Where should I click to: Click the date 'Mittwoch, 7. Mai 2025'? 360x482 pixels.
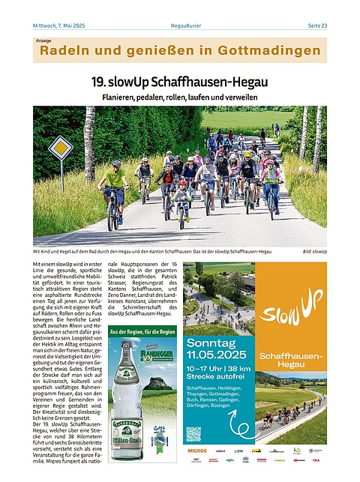pyautogui.click(x=59, y=25)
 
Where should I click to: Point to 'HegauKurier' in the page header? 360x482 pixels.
pyautogui.click(x=179, y=25)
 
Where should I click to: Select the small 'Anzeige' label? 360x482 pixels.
pyautogui.click(x=43, y=40)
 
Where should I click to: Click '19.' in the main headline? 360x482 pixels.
pyautogui.click(x=102, y=81)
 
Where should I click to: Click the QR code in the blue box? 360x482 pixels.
pyautogui.click(x=193, y=434)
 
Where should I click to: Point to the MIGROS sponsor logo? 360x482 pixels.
pyautogui.click(x=196, y=451)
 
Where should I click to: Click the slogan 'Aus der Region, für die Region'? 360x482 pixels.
pyautogui.click(x=142, y=331)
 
